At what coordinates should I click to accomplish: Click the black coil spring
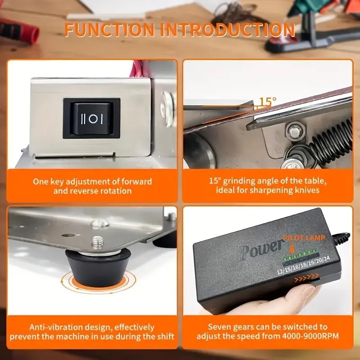coord(330,137)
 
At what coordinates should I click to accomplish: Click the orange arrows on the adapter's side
coord(306,280)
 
